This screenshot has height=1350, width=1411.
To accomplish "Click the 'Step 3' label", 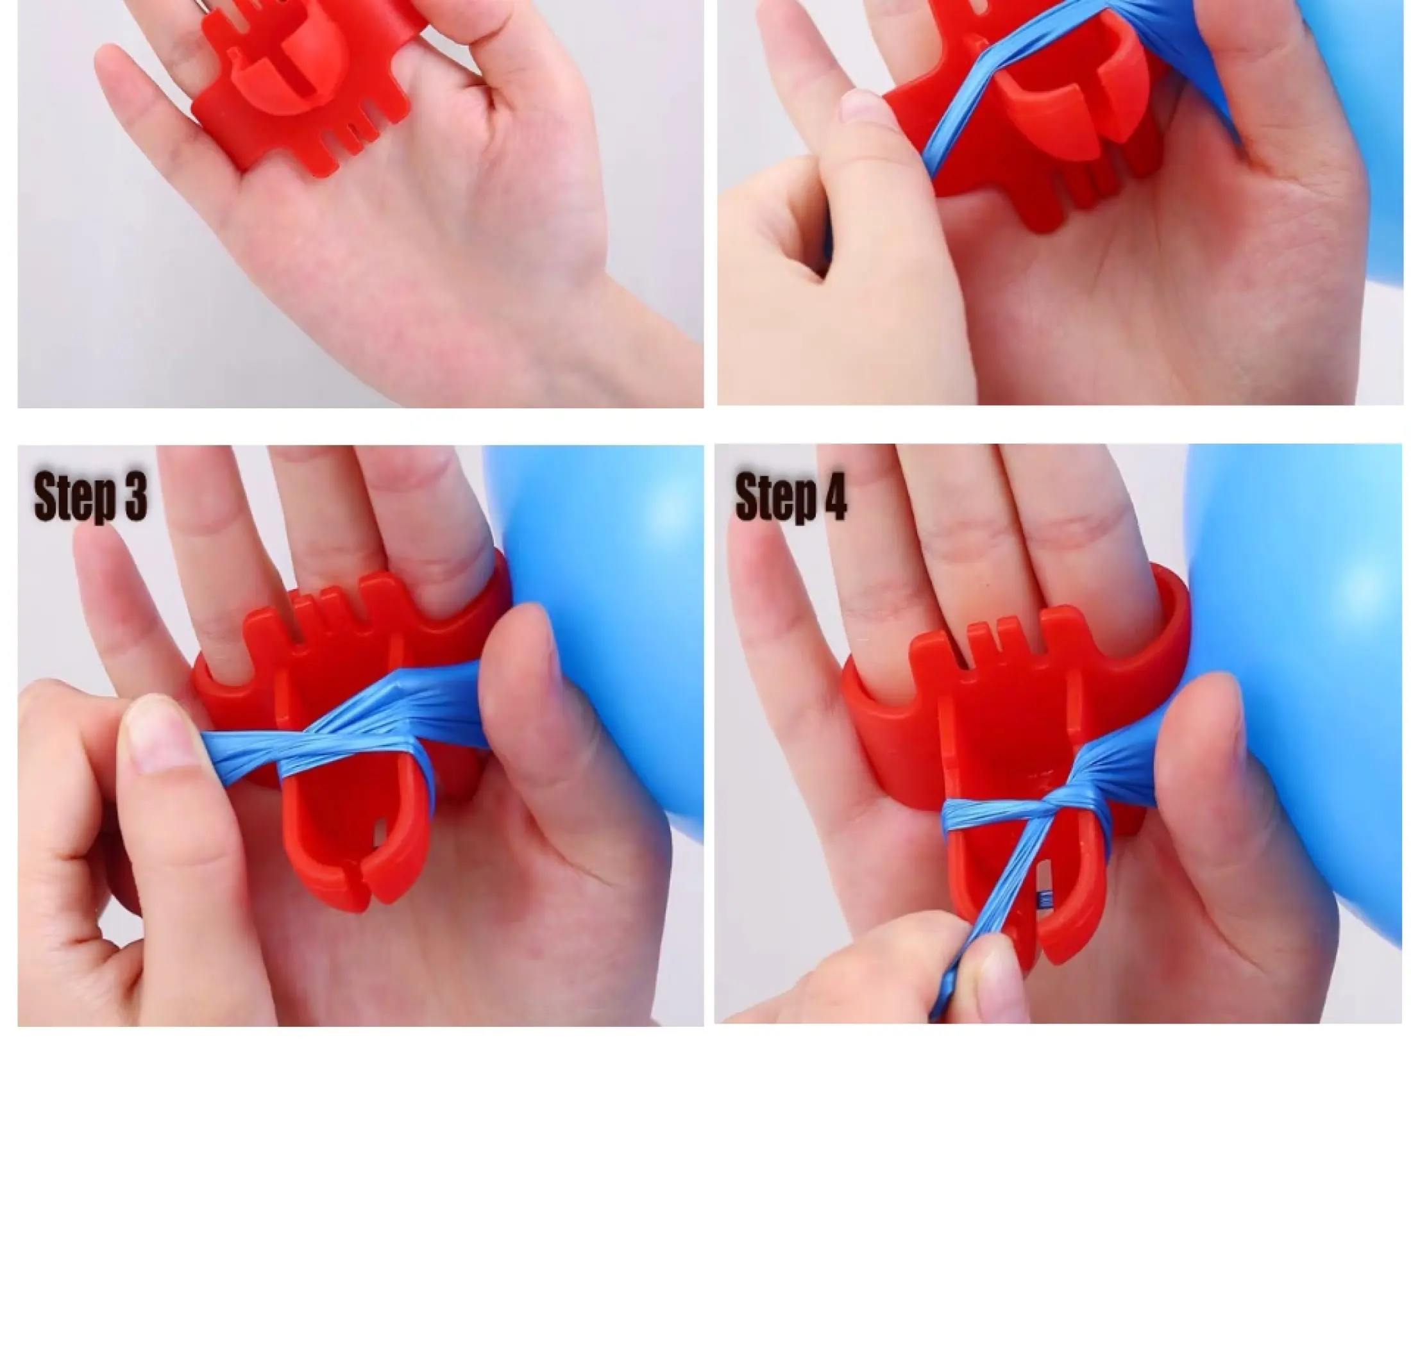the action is coord(90,497).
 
